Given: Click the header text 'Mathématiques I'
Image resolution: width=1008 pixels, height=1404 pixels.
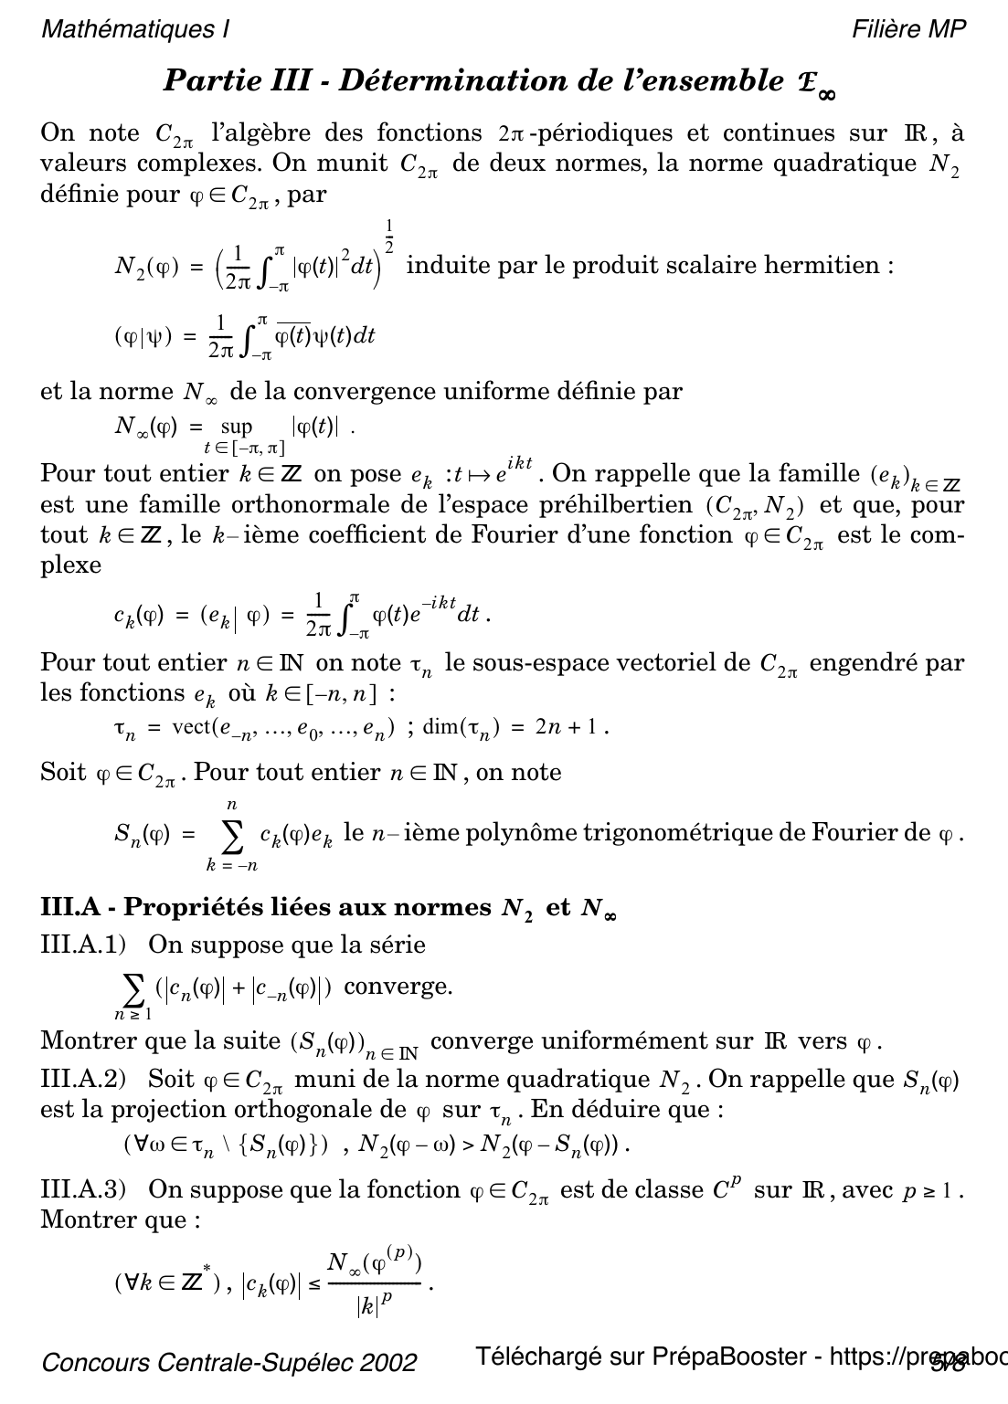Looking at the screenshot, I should (135, 29).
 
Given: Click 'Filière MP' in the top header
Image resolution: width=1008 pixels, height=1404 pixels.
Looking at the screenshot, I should (908, 29).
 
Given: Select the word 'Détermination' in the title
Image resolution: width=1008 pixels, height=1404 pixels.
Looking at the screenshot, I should (453, 81).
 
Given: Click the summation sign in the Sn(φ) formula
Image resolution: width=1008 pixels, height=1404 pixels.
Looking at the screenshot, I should (231, 834).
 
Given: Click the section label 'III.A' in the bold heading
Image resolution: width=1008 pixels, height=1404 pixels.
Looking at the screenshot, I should (70, 908).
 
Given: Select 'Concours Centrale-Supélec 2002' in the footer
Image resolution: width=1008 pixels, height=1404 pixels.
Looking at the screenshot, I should (229, 1363).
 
